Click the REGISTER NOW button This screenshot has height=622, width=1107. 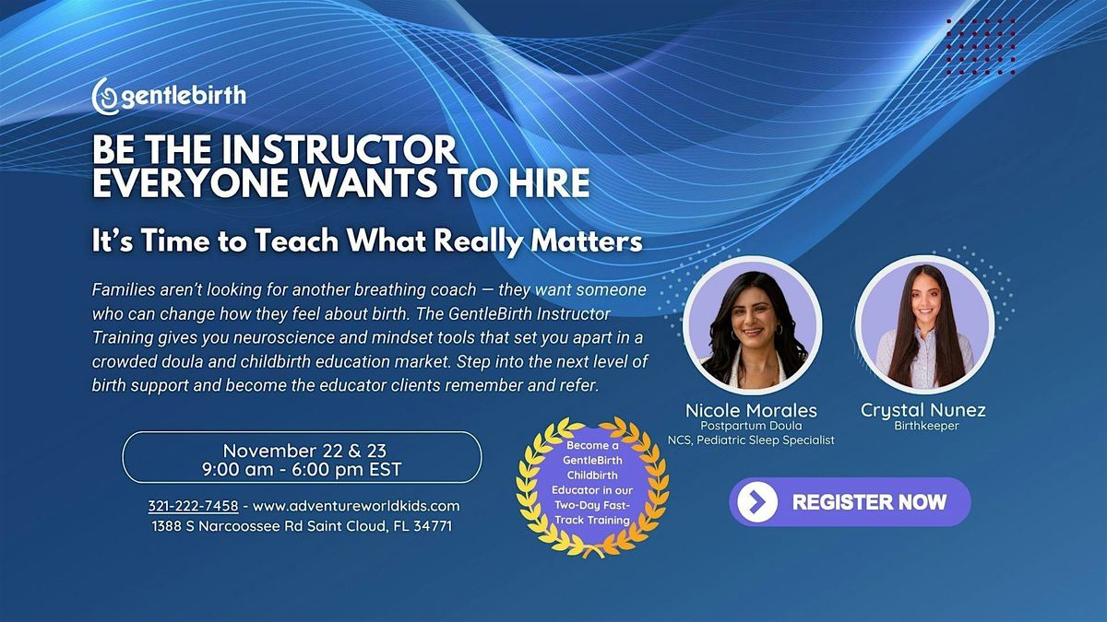click(850, 502)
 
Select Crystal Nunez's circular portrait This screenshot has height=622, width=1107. click(924, 325)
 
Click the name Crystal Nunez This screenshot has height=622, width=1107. click(924, 410)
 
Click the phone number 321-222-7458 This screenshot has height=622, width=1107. click(193, 506)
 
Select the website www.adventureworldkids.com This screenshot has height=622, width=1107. click(355, 506)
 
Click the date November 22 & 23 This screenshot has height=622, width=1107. click(302, 450)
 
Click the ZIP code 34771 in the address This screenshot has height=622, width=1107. click(431, 526)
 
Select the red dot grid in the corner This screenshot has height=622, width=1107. click(980, 41)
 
